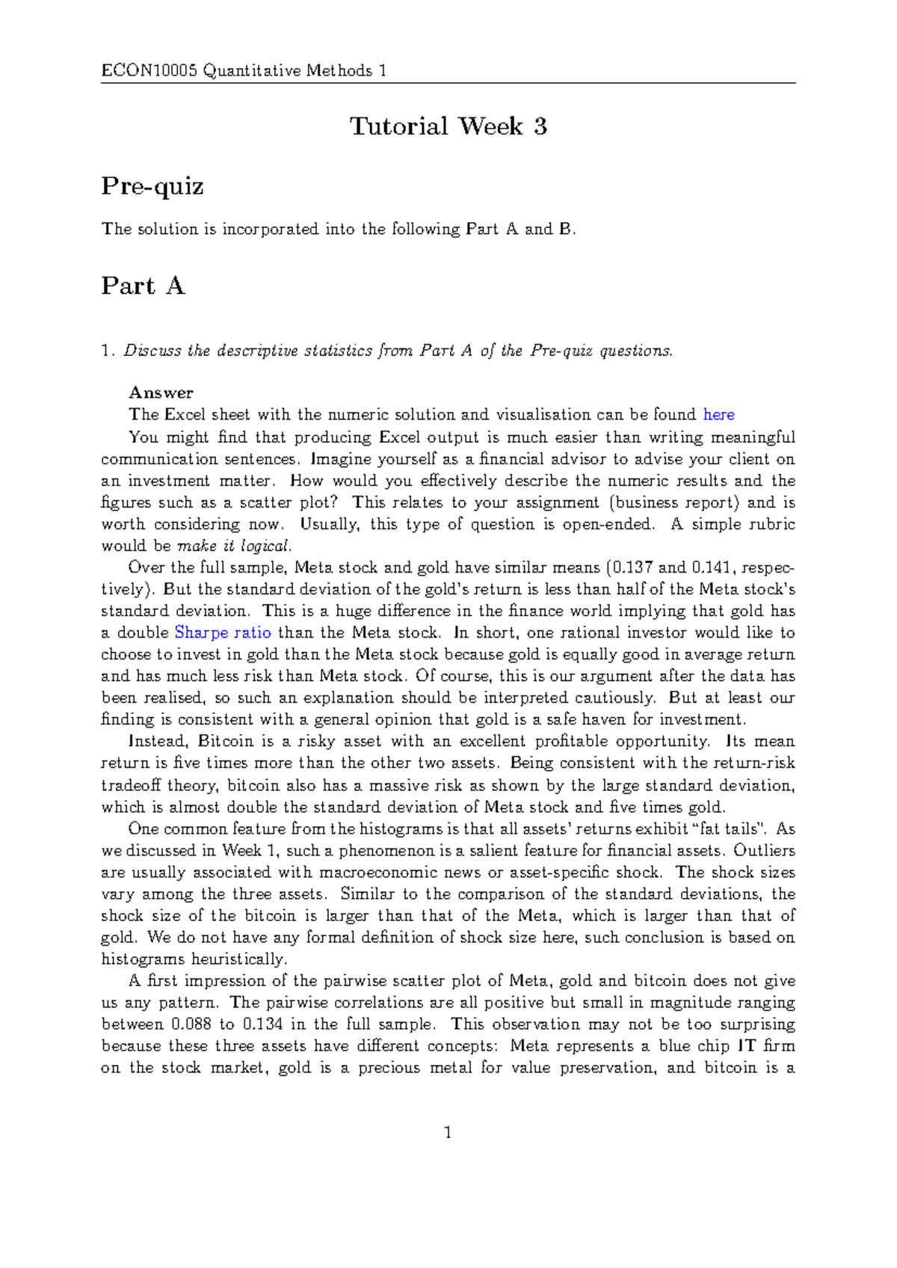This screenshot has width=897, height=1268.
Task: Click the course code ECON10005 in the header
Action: click(149, 71)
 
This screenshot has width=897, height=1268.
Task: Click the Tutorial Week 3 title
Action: click(449, 126)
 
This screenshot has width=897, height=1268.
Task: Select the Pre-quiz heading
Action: click(152, 186)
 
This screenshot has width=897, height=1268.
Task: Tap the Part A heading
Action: click(143, 286)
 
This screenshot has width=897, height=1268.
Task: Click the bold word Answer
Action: click(161, 393)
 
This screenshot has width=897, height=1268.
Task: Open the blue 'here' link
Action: click(719, 415)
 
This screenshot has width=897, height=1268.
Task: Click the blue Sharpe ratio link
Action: click(223, 633)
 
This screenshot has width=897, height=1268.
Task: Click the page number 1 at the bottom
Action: click(448, 1133)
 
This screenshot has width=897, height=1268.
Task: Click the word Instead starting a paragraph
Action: click(157, 742)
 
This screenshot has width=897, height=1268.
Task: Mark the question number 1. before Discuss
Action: click(108, 351)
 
